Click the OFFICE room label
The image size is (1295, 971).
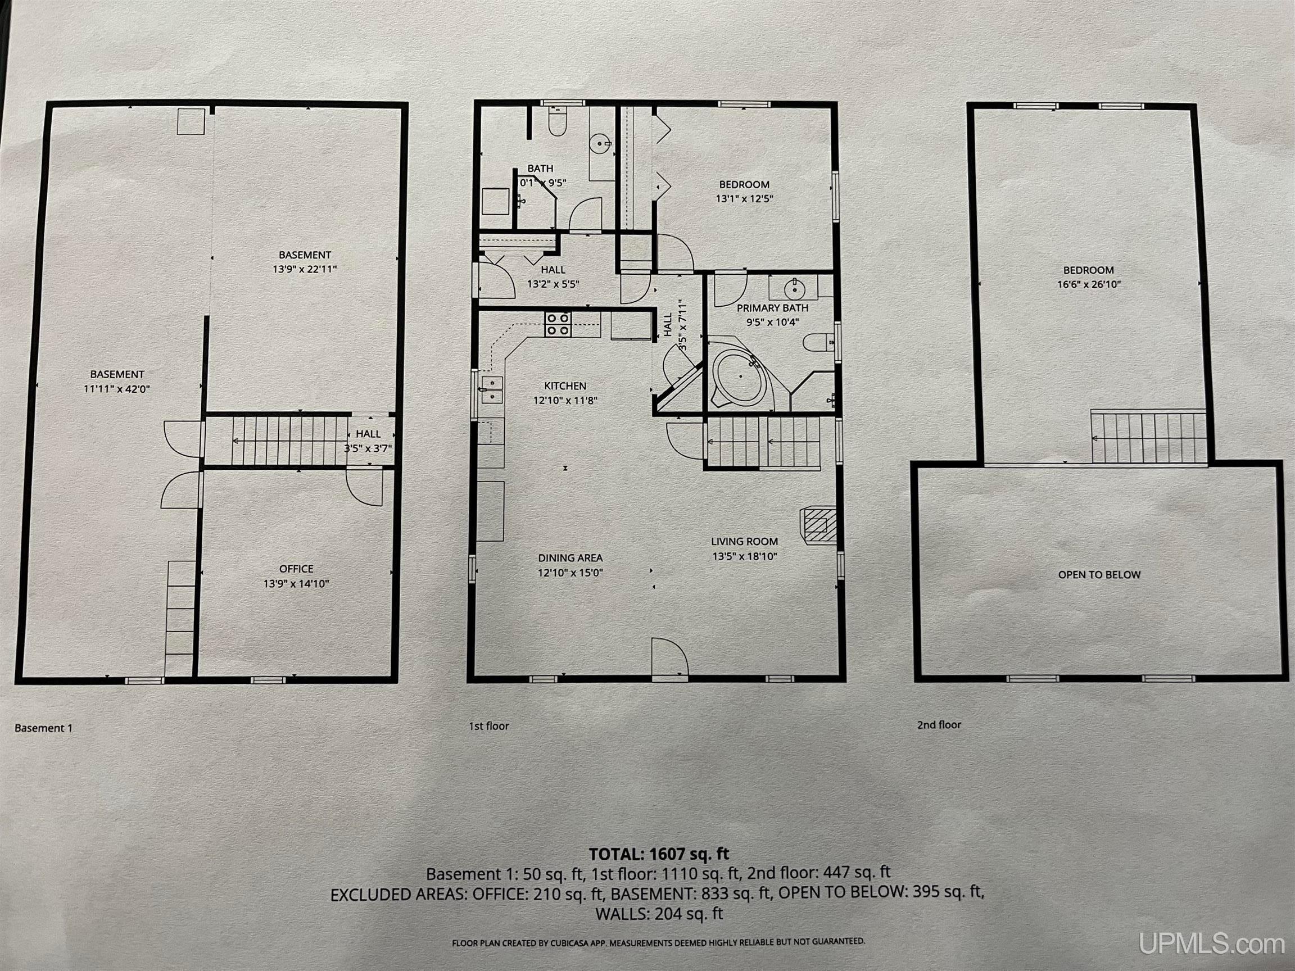click(x=296, y=569)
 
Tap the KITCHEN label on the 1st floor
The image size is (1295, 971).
click(x=565, y=386)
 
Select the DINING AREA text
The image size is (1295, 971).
click(x=570, y=559)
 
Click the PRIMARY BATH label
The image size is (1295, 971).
click(x=772, y=308)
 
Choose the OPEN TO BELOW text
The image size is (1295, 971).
click(x=1099, y=575)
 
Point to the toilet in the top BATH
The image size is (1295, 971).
click(x=557, y=125)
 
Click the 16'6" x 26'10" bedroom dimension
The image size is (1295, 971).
click(x=1088, y=285)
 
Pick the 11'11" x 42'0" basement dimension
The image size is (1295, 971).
click(x=117, y=389)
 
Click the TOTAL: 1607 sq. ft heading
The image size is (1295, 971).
click(x=659, y=854)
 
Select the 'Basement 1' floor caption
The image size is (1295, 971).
click(x=43, y=728)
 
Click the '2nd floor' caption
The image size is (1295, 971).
click(x=939, y=724)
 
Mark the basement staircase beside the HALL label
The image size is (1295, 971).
click(x=275, y=441)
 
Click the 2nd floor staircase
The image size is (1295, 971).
click(x=1148, y=437)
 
